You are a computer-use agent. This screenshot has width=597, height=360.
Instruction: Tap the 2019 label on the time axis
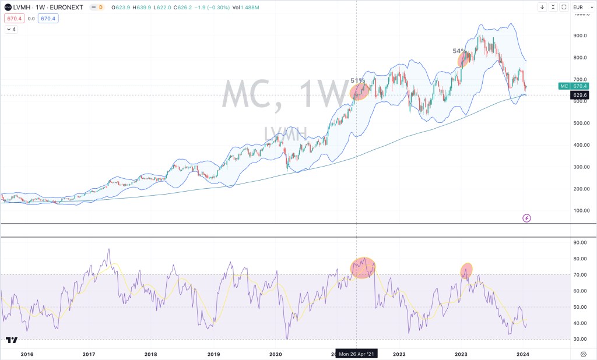(x=213, y=354)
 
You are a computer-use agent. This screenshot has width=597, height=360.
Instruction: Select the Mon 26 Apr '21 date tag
(x=357, y=354)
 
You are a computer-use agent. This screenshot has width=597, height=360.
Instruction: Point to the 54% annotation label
(x=459, y=51)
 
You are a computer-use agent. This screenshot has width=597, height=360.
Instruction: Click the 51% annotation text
(x=357, y=80)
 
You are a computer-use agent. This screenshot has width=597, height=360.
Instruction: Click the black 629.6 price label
(x=580, y=95)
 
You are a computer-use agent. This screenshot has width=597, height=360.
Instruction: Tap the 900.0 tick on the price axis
(x=579, y=36)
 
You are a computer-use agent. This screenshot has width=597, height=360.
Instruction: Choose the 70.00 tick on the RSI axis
(x=579, y=274)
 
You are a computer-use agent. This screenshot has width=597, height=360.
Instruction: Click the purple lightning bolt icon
(x=526, y=218)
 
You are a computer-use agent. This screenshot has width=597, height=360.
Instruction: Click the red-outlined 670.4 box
(x=14, y=18)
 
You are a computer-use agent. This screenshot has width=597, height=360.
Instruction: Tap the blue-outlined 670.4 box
(x=47, y=18)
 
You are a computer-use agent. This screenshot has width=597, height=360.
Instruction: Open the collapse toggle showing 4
(x=11, y=29)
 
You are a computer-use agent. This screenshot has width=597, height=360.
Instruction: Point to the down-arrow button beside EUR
(x=542, y=7)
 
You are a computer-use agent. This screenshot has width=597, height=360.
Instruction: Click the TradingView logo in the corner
(x=11, y=340)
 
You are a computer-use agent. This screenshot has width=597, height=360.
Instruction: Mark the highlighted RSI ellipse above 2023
(x=466, y=270)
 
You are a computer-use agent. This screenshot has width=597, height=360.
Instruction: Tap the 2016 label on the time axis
(x=27, y=354)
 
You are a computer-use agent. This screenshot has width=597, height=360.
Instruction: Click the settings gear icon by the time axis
(x=583, y=354)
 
